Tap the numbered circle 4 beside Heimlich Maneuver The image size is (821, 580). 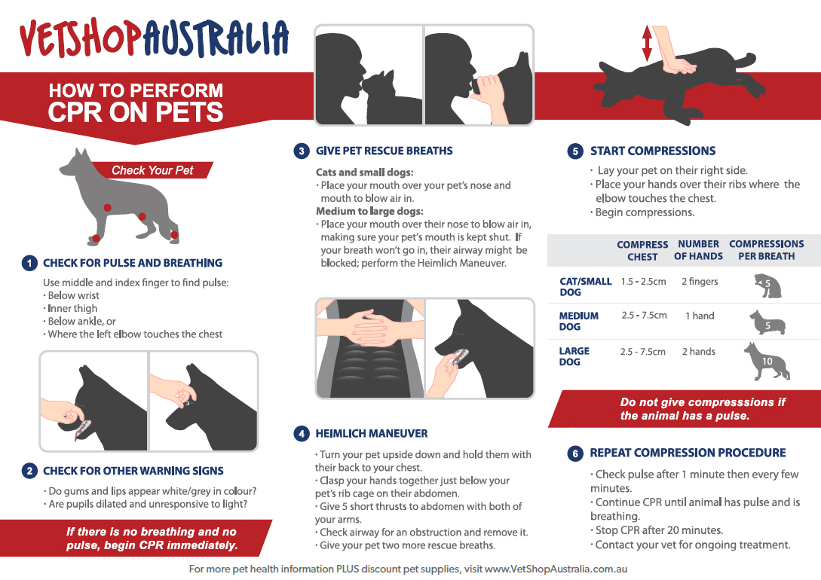pyautogui.click(x=302, y=434)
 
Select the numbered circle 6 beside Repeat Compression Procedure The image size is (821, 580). pyautogui.click(x=575, y=453)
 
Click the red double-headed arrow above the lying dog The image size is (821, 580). pyautogui.click(x=646, y=44)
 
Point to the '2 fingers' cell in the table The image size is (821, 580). pyautogui.click(x=700, y=282)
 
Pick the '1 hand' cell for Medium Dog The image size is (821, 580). pyautogui.click(x=700, y=316)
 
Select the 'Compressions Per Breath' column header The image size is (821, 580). pyautogui.click(x=766, y=250)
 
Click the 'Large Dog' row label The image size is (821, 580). pyautogui.click(x=574, y=356)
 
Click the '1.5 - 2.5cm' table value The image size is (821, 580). pyautogui.click(x=643, y=282)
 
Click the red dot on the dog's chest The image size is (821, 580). pyautogui.click(x=108, y=207)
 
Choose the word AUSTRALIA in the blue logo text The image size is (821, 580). pyautogui.click(x=215, y=38)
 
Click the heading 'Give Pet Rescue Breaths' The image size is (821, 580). pyautogui.click(x=384, y=151)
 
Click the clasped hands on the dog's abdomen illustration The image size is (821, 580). pyautogui.click(x=369, y=332)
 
